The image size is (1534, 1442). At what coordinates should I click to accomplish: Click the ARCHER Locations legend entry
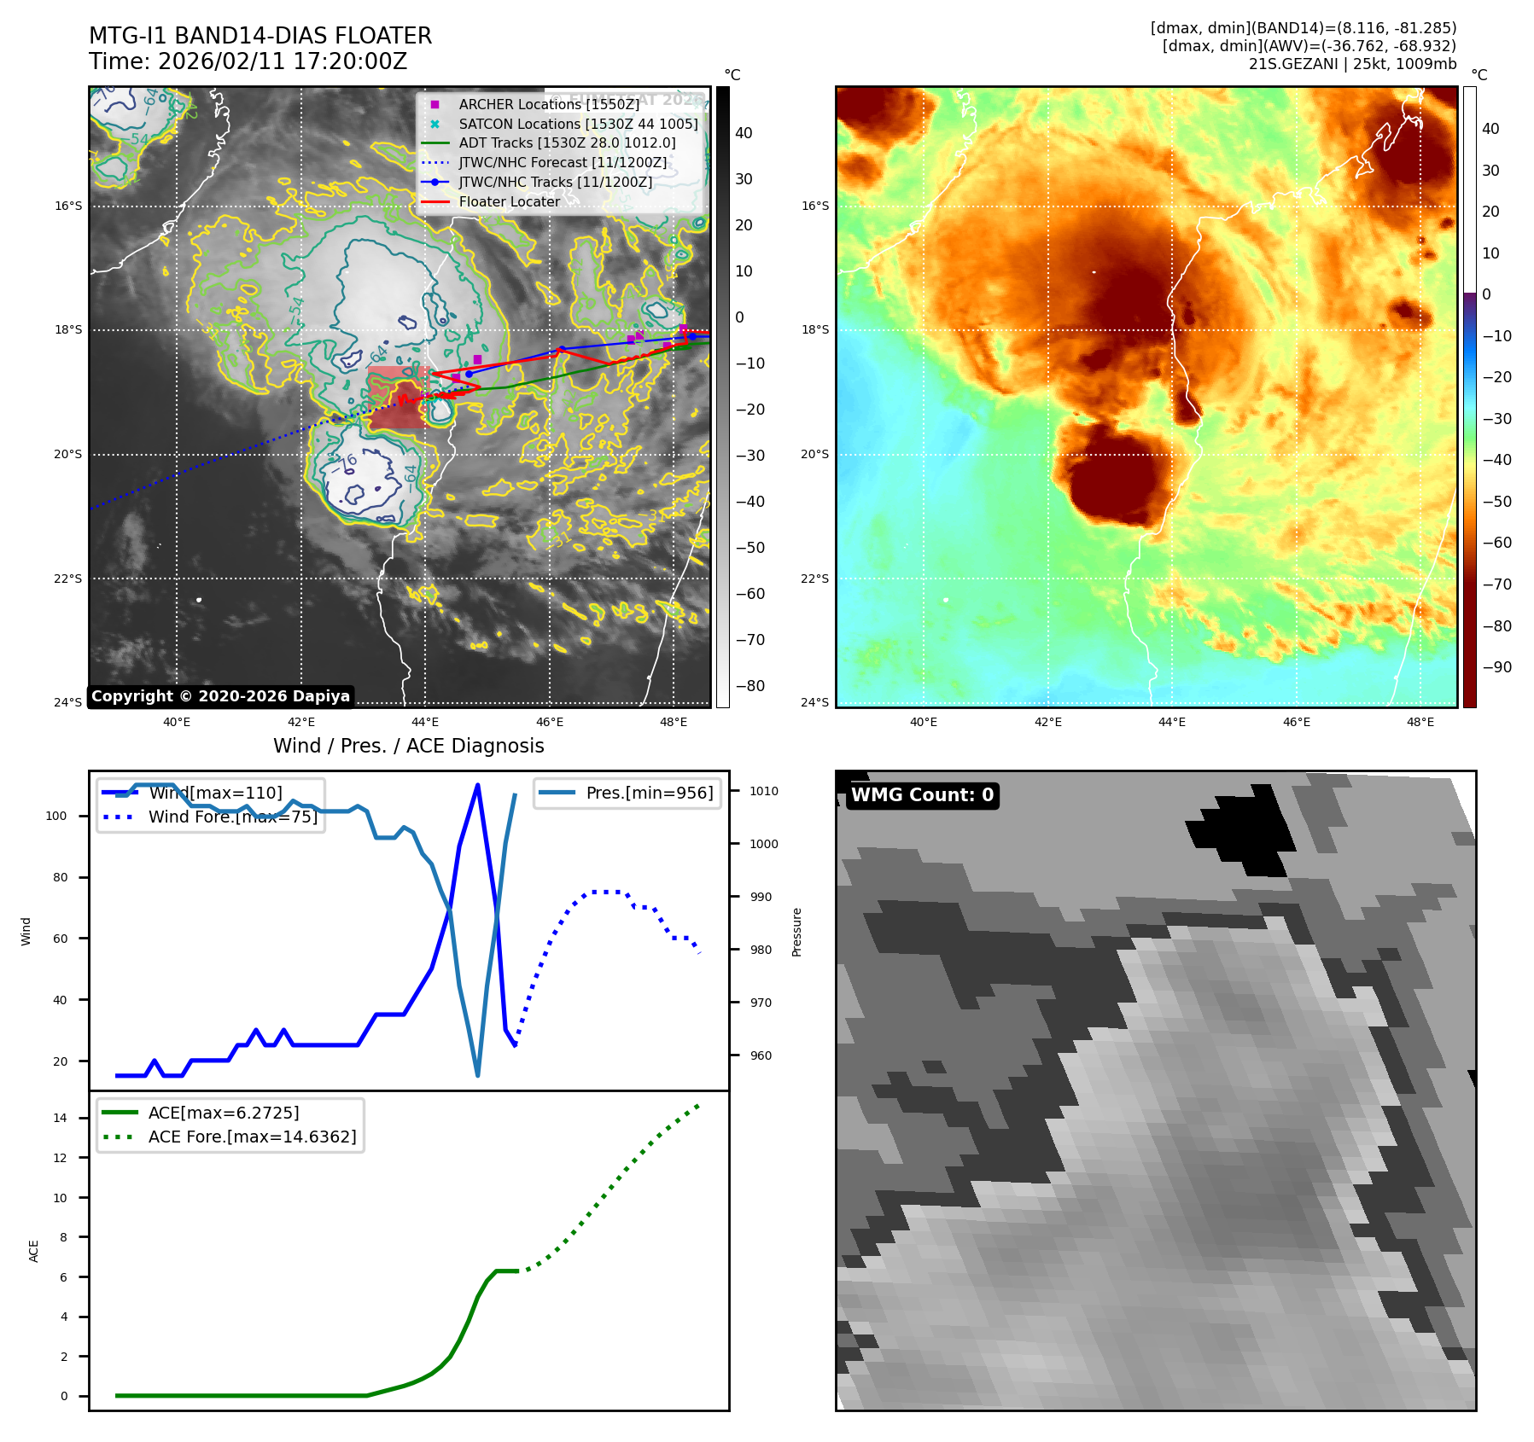(x=548, y=104)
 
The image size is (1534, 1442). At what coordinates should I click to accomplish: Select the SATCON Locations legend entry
(x=578, y=124)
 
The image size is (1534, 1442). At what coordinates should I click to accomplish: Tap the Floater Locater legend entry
(x=509, y=202)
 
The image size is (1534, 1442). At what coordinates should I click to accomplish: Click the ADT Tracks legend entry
(x=567, y=143)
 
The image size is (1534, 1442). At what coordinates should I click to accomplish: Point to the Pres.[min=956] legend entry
(x=649, y=793)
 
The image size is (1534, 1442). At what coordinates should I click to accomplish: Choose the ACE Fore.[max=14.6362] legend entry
(x=252, y=1137)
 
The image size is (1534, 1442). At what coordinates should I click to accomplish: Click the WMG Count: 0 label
(x=922, y=795)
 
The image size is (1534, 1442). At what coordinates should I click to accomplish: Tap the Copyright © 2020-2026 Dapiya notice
(x=220, y=696)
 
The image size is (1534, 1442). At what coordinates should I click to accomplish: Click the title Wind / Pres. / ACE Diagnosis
(x=408, y=746)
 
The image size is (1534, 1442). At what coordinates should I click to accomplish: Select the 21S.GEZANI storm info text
(x=1352, y=64)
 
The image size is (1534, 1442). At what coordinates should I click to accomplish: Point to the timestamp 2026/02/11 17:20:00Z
(x=282, y=62)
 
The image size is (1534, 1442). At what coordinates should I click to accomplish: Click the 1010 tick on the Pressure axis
(x=764, y=791)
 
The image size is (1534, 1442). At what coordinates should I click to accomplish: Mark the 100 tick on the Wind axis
(x=56, y=816)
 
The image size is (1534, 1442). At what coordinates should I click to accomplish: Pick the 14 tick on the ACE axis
(x=60, y=1118)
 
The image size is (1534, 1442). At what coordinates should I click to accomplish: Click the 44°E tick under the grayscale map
(x=425, y=722)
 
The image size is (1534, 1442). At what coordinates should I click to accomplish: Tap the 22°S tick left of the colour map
(x=814, y=579)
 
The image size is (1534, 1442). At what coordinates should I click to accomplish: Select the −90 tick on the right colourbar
(x=1496, y=667)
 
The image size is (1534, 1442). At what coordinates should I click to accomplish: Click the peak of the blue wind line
(x=477, y=784)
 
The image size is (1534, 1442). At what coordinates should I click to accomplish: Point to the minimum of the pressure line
(x=477, y=1075)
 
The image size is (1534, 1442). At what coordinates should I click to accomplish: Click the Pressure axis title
(x=796, y=932)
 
